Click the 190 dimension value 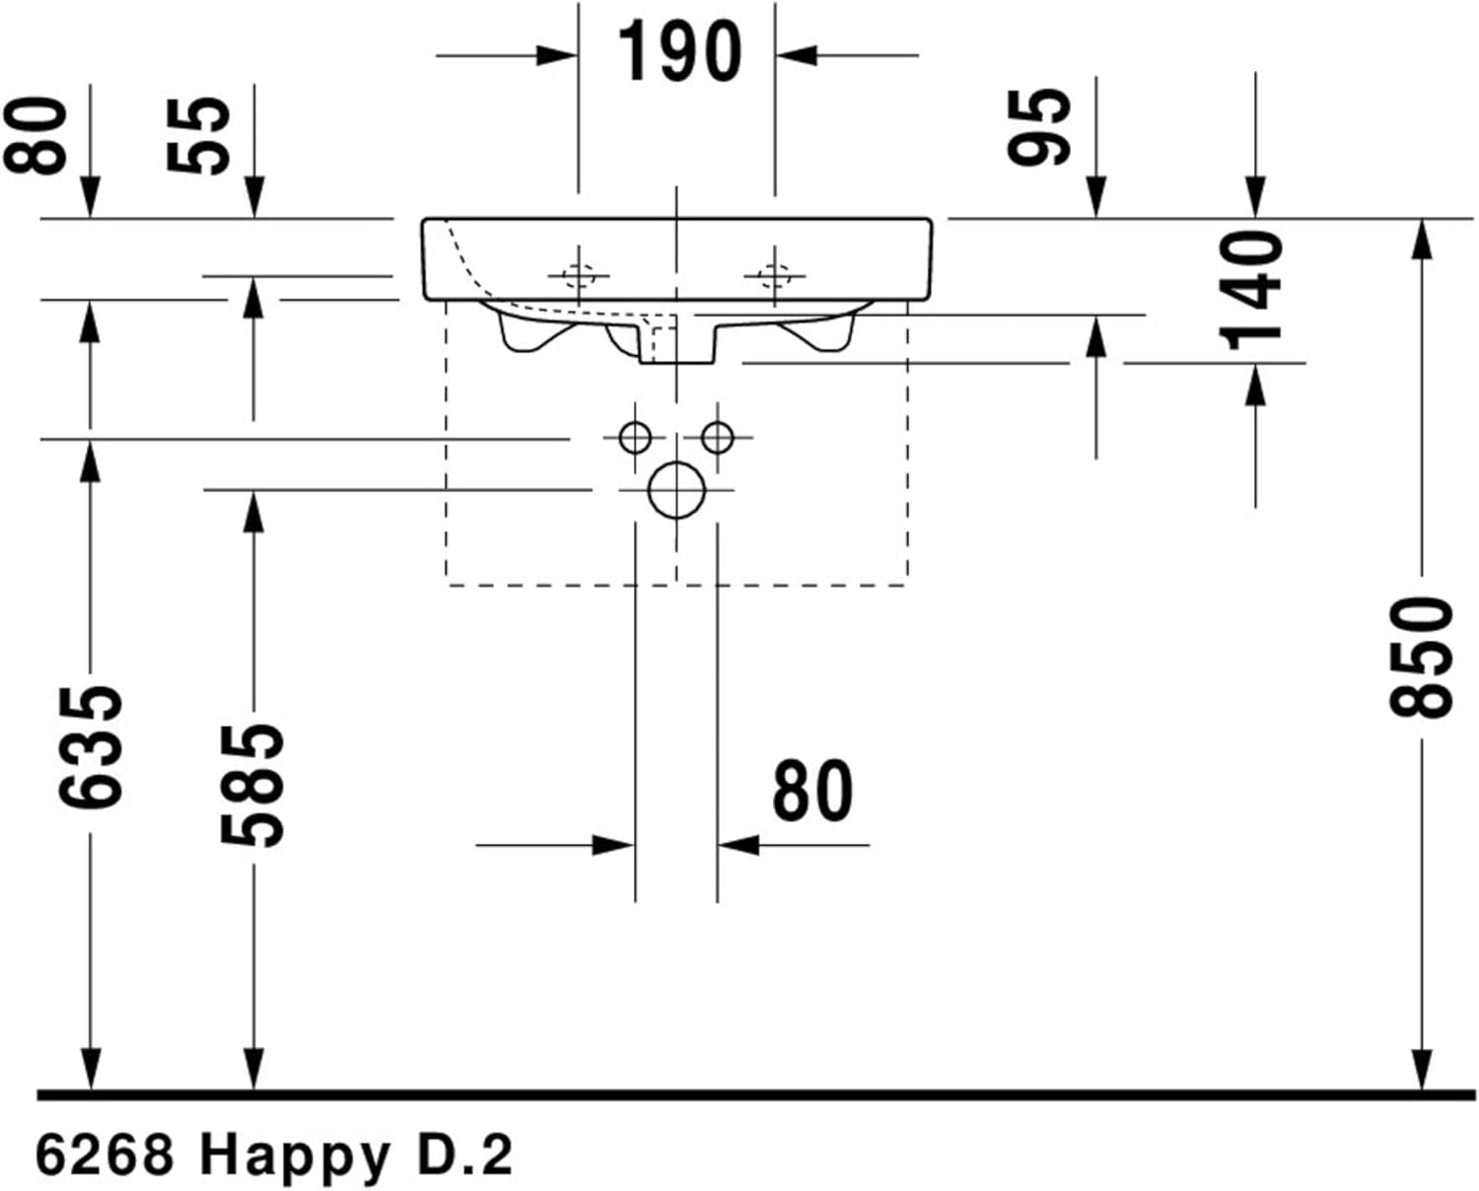pyautogui.click(x=679, y=52)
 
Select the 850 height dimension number pyautogui.click(x=1421, y=657)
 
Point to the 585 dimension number pyautogui.click(x=252, y=786)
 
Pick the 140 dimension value pyautogui.click(x=1252, y=291)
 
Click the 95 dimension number pyautogui.click(x=1039, y=125)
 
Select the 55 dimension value pyautogui.click(x=198, y=135)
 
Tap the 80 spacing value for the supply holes pyautogui.click(x=811, y=791)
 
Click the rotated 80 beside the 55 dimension pyautogui.click(x=36, y=135)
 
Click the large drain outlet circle pyautogui.click(x=676, y=490)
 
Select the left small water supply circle pyautogui.click(x=635, y=436)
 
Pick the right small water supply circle pyautogui.click(x=717, y=436)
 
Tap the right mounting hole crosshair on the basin pyautogui.click(x=774, y=276)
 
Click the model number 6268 pyautogui.click(x=105, y=1154)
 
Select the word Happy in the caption pyautogui.click(x=295, y=1156)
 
